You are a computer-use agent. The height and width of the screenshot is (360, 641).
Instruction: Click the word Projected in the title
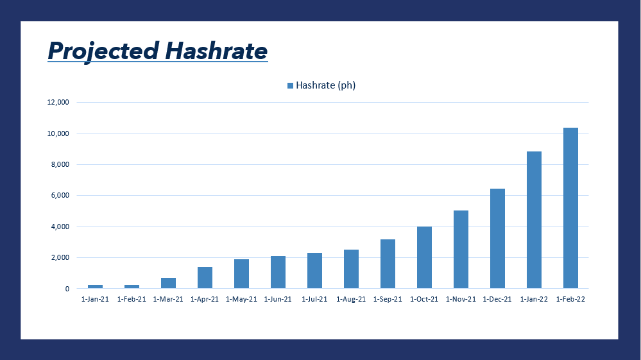coord(103,51)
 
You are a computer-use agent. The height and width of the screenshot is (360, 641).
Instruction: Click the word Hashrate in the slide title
coord(216,50)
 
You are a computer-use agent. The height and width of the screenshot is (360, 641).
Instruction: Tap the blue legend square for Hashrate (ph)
coord(290,85)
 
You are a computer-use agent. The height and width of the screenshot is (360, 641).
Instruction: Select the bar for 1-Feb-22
coord(570,208)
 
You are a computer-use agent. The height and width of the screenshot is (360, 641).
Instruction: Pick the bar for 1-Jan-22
coord(534,220)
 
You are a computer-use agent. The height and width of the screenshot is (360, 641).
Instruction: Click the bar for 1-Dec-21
coord(497,239)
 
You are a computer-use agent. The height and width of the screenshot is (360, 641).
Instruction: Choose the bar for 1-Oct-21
coord(424,257)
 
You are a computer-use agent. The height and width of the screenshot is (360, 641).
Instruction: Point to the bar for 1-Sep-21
coord(388,264)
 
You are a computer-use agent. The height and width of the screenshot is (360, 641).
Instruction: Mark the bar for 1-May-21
coord(242,274)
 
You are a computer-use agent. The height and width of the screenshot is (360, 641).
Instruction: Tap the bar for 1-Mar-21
coord(168,283)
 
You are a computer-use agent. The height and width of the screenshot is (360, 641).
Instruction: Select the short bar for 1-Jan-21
coord(95,286)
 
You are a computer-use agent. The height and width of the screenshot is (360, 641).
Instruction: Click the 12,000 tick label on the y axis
coord(58,102)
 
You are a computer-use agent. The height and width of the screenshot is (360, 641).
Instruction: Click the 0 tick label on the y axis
coord(67,289)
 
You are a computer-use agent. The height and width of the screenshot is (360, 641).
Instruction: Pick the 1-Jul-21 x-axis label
coord(314,299)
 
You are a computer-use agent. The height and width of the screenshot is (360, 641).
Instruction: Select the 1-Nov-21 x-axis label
coord(461,299)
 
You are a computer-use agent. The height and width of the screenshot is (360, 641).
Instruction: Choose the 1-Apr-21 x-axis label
coord(205,299)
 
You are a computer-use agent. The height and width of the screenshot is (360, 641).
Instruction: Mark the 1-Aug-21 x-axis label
coord(351,299)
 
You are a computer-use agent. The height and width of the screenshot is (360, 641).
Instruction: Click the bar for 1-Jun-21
coord(278,272)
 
